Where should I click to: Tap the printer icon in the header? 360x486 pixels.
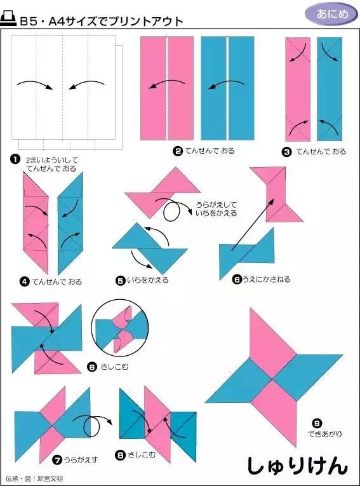[10, 20]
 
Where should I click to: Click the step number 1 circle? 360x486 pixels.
[14, 159]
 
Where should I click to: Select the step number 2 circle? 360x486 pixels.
[178, 151]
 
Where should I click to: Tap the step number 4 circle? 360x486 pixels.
[23, 281]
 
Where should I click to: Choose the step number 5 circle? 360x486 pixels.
[121, 280]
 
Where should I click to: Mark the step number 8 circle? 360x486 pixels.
[121, 455]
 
